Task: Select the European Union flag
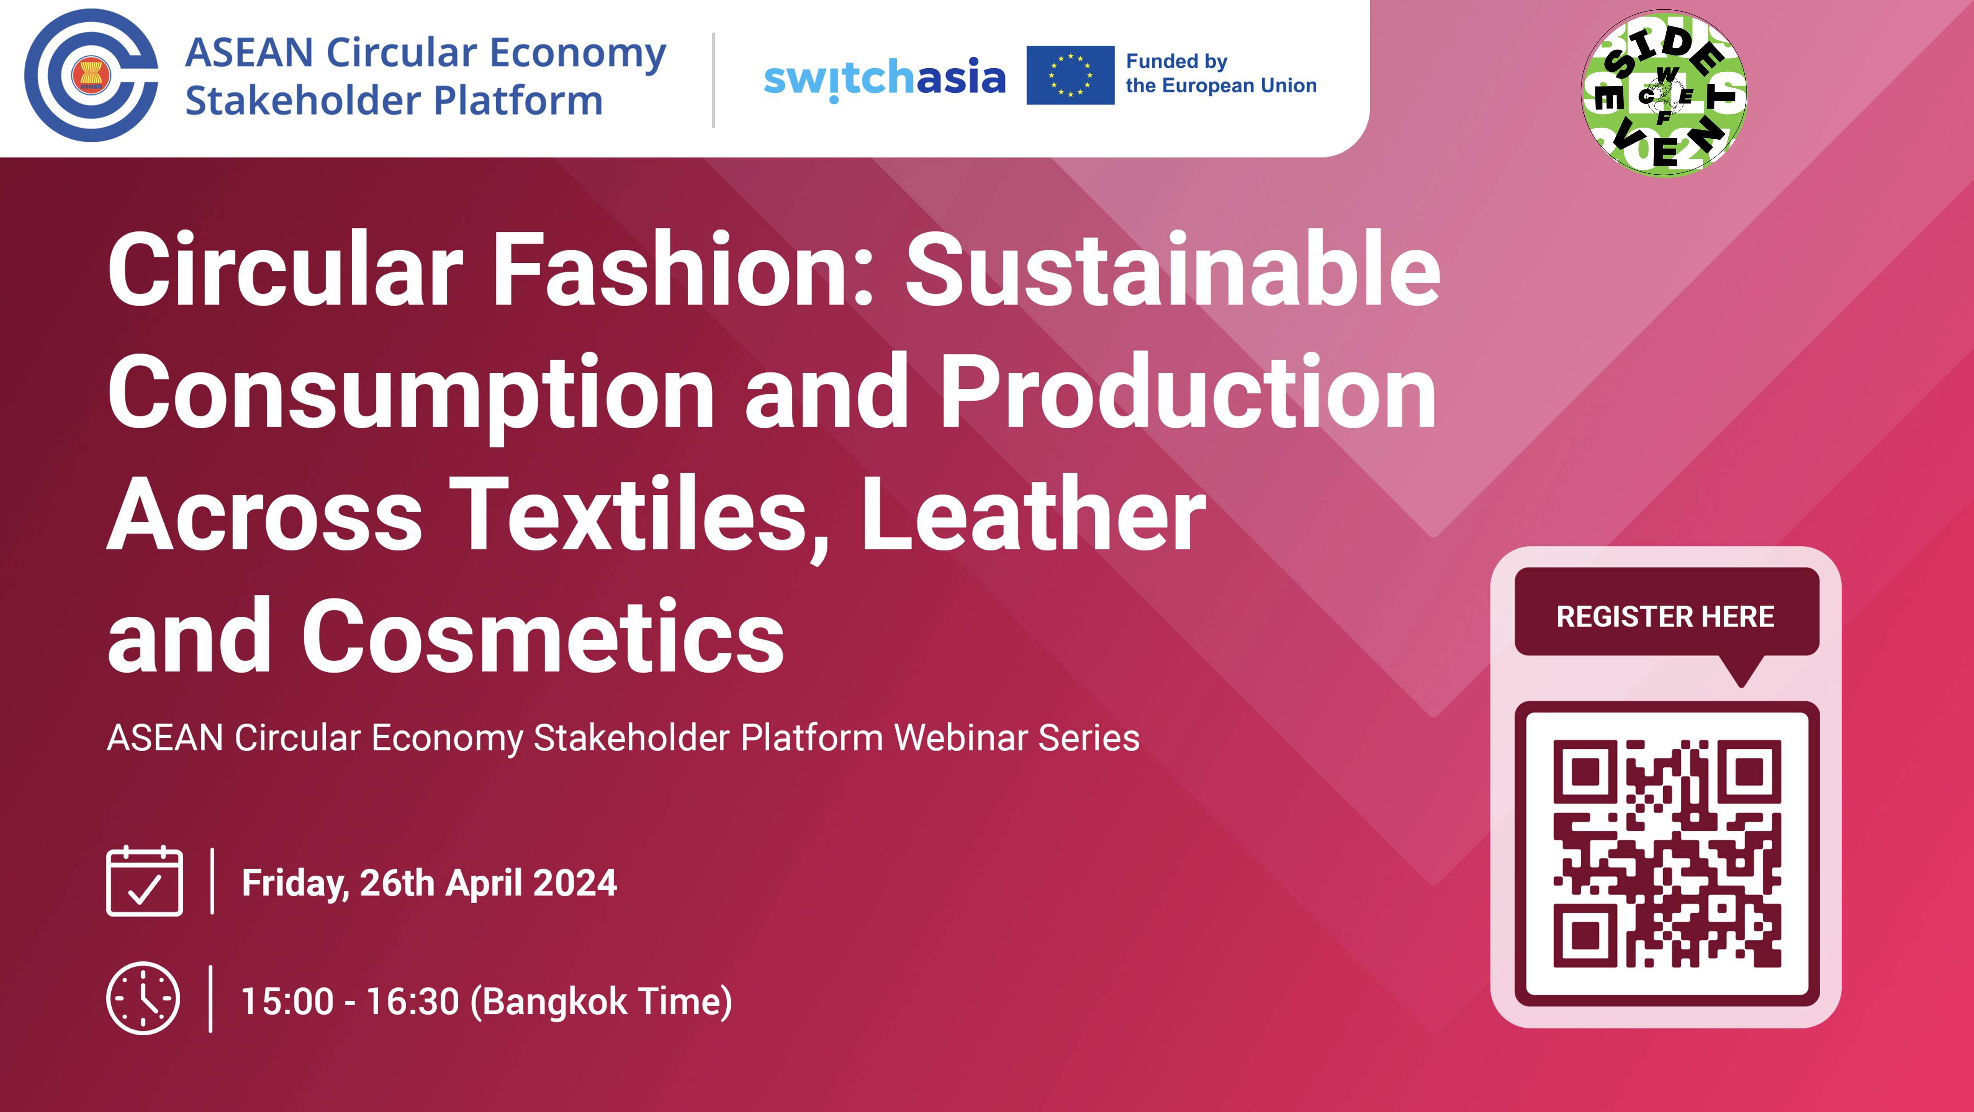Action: tap(1070, 75)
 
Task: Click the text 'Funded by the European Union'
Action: tap(1220, 74)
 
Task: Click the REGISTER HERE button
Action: tap(1666, 616)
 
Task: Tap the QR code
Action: tap(1667, 853)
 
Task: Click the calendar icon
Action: tap(144, 881)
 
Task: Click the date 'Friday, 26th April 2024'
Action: tap(429, 883)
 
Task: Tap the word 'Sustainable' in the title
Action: tap(1172, 270)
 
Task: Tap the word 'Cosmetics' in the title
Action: tap(543, 637)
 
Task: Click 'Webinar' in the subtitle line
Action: tap(960, 738)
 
